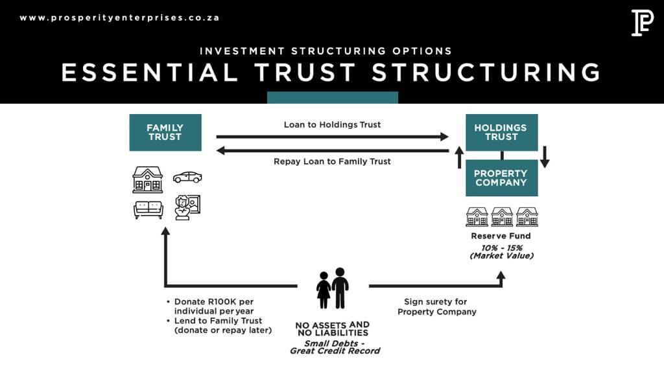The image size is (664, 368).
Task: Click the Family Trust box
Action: pyautogui.click(x=165, y=132)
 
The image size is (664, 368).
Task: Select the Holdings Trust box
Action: pyautogui.click(x=501, y=132)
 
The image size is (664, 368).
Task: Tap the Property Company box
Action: pyautogui.click(x=501, y=178)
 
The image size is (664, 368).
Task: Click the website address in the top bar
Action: pyautogui.click(x=119, y=17)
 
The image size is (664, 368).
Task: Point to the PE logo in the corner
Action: pyautogui.click(x=642, y=22)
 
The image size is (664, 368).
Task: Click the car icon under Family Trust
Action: pyautogui.click(x=187, y=177)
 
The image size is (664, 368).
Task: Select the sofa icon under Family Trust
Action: pyautogui.click(x=148, y=209)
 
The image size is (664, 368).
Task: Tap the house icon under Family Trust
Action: pyautogui.click(x=148, y=179)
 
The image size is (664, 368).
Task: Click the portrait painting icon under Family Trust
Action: pyautogui.click(x=187, y=207)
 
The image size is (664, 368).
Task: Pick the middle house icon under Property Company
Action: pyautogui.click(x=502, y=216)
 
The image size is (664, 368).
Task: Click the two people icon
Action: pyautogui.click(x=333, y=288)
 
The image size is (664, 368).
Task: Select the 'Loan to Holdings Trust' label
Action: pyautogui.click(x=332, y=124)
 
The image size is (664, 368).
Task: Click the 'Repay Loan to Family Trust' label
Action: pyautogui.click(x=332, y=161)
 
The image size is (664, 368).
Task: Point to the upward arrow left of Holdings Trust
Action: pyautogui.click(x=459, y=157)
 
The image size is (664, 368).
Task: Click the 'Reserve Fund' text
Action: pyautogui.click(x=501, y=236)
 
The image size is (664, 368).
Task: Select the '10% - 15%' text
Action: pyautogui.click(x=501, y=248)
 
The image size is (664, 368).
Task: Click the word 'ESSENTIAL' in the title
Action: pyautogui.click(x=150, y=72)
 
